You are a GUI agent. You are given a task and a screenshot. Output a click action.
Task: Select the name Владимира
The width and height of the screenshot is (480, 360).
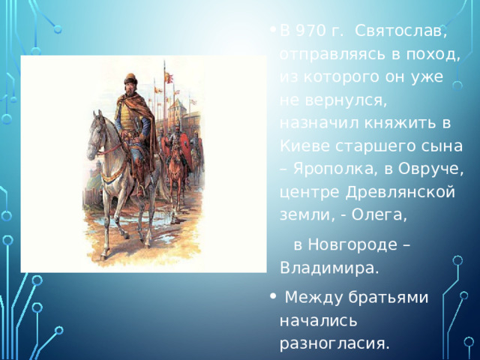pos(329,268)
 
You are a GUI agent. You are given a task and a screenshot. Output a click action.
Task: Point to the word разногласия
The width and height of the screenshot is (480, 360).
pos(334,344)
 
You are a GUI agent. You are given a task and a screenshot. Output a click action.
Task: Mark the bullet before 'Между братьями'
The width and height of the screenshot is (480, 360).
pos(271,297)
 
